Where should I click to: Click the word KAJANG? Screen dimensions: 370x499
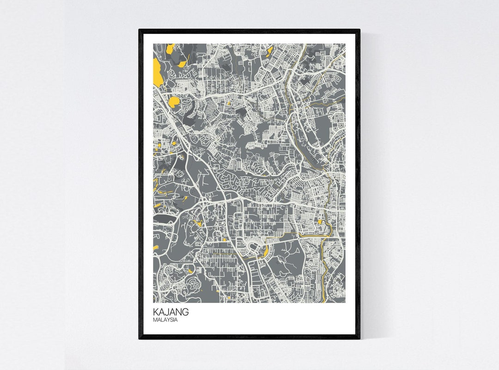pyautogui.click(x=170, y=312)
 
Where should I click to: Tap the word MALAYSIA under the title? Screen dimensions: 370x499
pyautogui.click(x=165, y=320)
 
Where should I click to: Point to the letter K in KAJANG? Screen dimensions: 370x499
pyautogui.click(x=156, y=312)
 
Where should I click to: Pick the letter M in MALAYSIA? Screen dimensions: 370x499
pyautogui.click(x=155, y=320)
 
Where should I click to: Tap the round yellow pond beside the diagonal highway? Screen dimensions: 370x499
pyautogui.click(x=175, y=102)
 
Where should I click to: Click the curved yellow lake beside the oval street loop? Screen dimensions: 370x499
pyautogui.click(x=266, y=252)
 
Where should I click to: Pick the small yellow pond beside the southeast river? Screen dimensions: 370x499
pyautogui.click(x=320, y=222)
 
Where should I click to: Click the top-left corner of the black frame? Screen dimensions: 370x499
pyautogui.click(x=140, y=30)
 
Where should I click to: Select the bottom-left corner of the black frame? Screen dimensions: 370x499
pyautogui.click(x=140, y=339)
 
